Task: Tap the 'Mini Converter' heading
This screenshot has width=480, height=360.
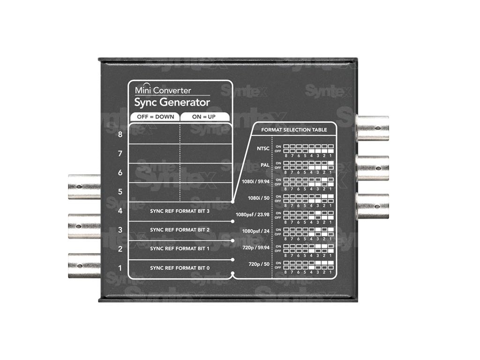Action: (x=163, y=90)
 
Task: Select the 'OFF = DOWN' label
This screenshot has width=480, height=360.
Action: (x=154, y=116)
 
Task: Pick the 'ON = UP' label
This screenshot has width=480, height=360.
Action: (x=204, y=116)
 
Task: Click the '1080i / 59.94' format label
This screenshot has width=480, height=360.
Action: (x=255, y=181)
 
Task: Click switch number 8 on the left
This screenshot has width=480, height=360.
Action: (x=120, y=135)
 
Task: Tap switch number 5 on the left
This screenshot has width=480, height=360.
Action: (x=120, y=192)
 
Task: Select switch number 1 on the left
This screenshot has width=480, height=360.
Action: (x=120, y=268)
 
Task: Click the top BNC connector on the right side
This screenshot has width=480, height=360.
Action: (x=373, y=128)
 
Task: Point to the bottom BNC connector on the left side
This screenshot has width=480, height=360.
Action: (x=84, y=265)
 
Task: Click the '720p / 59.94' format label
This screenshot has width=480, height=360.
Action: (x=255, y=248)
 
